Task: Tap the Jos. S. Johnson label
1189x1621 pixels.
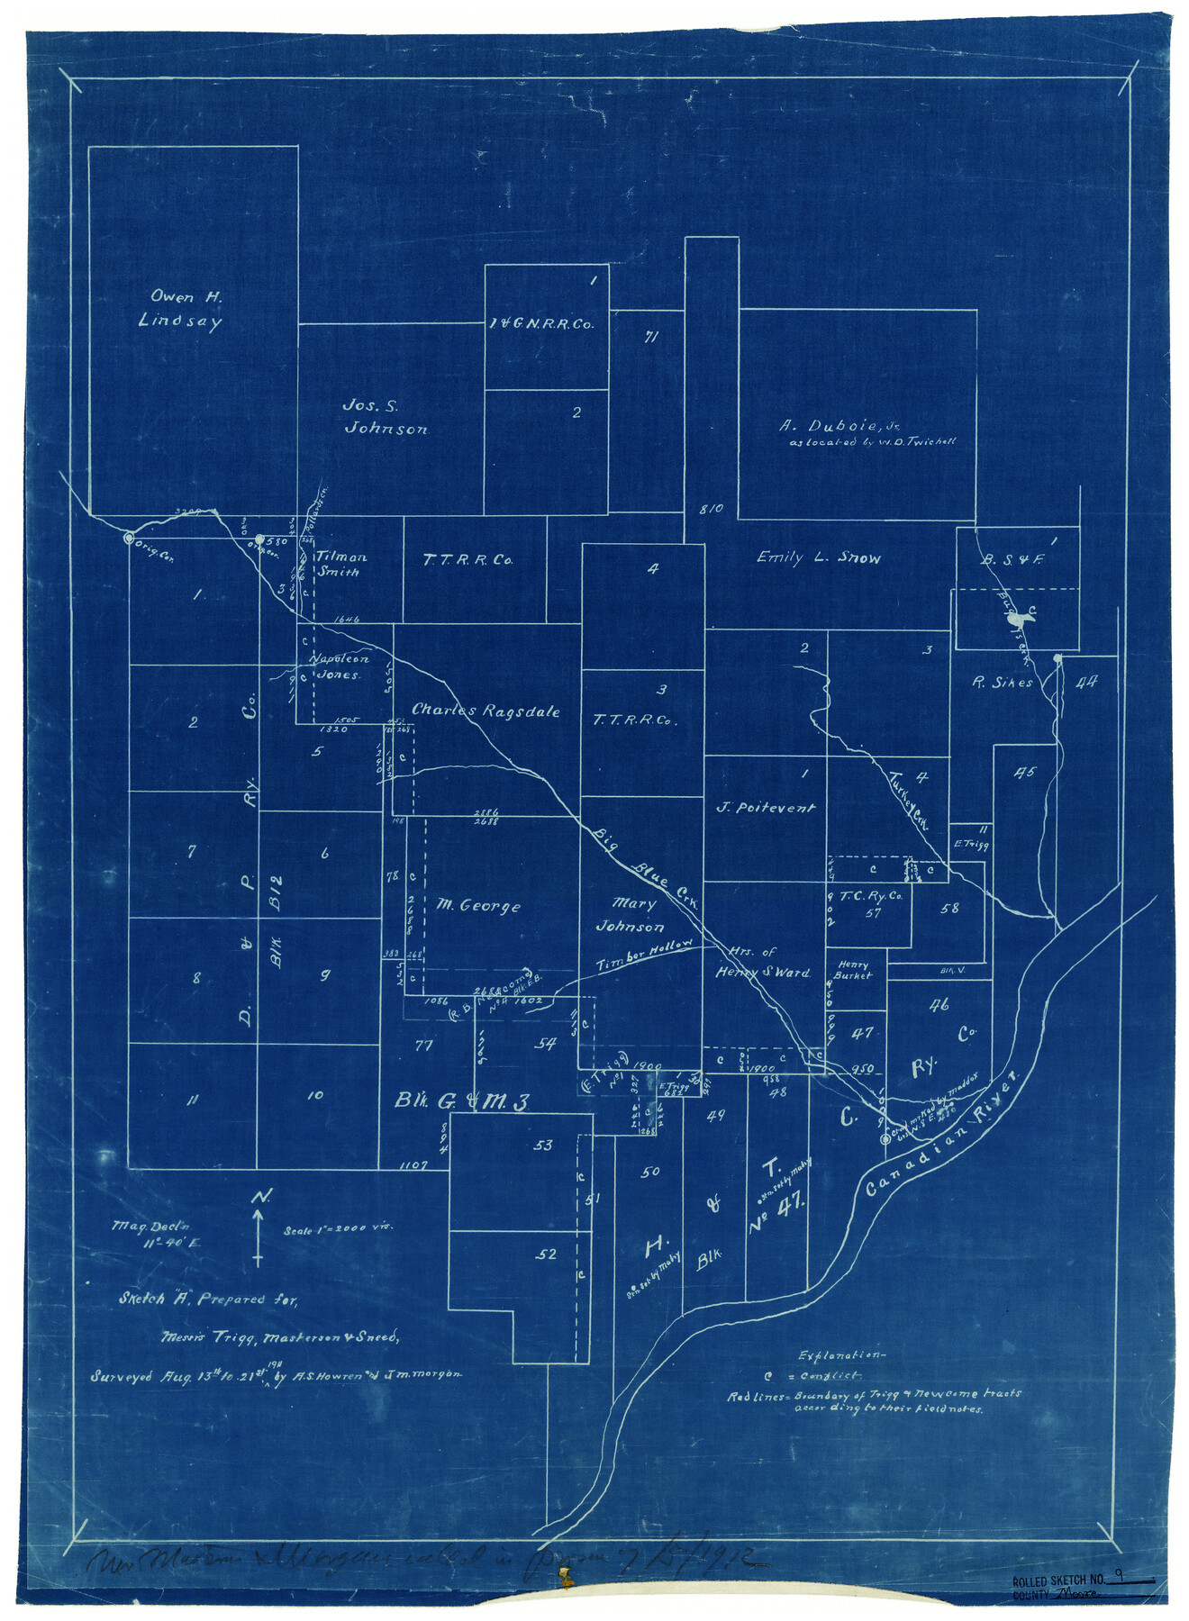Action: pos(386,417)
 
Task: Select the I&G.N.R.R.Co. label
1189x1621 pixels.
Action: pos(541,324)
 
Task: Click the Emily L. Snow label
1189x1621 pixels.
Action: pos(818,558)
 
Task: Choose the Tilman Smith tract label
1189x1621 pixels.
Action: pos(340,564)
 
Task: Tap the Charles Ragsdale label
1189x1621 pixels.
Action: pos(486,711)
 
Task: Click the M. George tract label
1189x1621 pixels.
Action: pos(478,905)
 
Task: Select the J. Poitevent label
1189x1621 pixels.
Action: pos(765,808)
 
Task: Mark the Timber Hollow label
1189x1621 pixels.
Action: pos(645,956)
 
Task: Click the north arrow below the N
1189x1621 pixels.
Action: pos(259,1237)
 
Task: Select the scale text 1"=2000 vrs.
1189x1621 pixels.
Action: pos(339,1228)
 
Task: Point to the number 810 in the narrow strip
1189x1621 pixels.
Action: pos(711,509)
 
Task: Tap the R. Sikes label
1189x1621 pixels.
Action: pos(1001,683)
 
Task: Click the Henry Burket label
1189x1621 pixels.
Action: pos(852,969)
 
